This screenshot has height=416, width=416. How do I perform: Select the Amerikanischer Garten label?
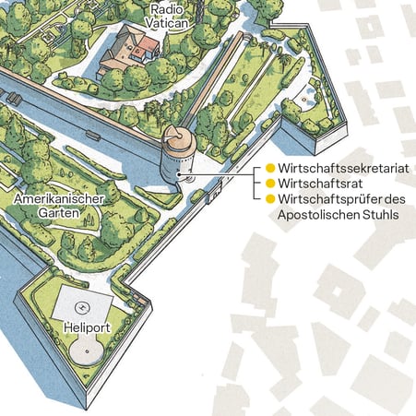pos(58,205)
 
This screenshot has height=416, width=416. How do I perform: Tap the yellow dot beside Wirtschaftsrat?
pos(270,184)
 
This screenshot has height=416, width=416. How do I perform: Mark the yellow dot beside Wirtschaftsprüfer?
pos(270,199)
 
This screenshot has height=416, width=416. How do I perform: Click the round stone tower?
pos(177,157)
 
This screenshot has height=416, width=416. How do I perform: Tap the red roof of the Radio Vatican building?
pos(140,48)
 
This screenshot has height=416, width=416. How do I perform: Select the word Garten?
pos(58,212)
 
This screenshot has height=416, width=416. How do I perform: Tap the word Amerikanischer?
pos(58,197)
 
